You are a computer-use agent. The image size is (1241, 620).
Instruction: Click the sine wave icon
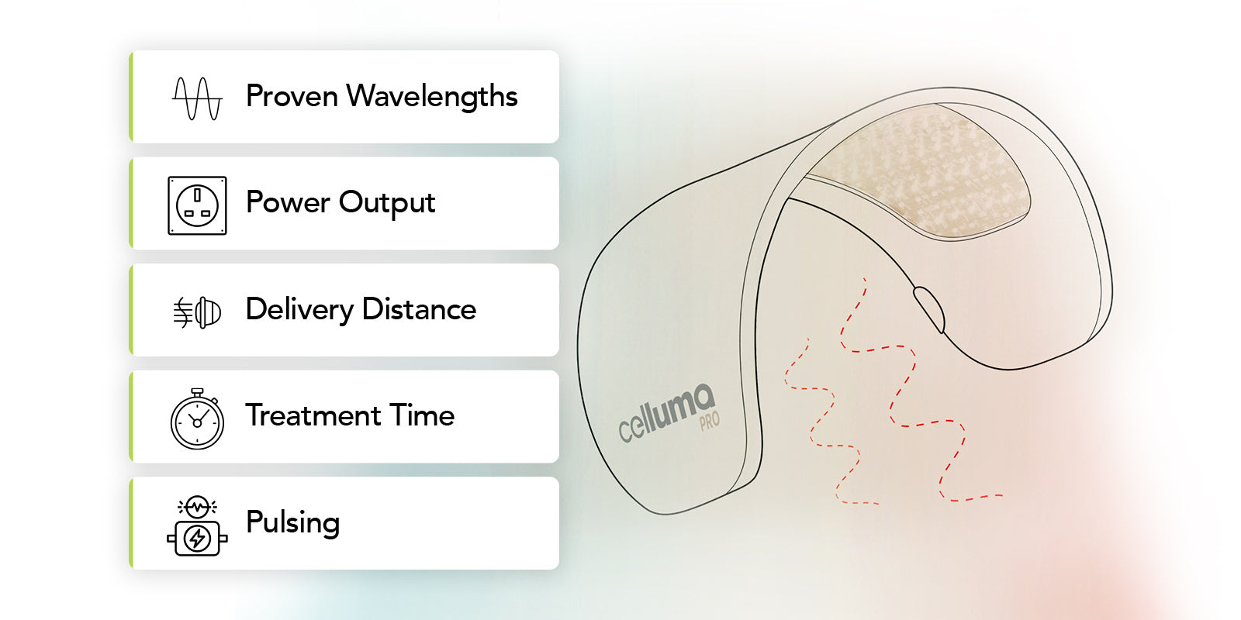click(x=197, y=98)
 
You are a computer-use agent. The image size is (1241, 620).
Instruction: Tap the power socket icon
click(x=197, y=205)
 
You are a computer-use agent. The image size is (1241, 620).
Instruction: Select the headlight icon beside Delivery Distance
click(x=197, y=312)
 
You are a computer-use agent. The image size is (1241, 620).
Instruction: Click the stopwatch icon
click(x=197, y=419)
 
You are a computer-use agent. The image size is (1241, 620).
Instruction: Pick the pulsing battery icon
click(x=197, y=526)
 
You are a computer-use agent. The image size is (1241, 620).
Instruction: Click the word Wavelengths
click(x=432, y=97)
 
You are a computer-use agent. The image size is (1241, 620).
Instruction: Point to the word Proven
click(x=292, y=97)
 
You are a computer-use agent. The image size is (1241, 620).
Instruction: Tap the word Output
click(x=387, y=203)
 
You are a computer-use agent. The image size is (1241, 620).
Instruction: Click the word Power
click(x=288, y=203)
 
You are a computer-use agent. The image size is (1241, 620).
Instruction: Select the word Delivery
click(x=299, y=310)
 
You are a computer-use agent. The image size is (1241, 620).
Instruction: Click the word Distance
click(x=419, y=310)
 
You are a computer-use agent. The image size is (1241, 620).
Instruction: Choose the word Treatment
click(x=313, y=416)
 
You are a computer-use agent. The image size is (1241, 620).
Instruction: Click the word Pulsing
click(x=292, y=523)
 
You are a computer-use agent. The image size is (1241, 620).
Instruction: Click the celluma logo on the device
click(x=666, y=412)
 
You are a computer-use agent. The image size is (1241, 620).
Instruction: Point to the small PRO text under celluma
click(x=710, y=421)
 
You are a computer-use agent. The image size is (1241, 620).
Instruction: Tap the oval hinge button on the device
click(x=928, y=308)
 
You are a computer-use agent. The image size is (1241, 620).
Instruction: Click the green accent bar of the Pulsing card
click(x=131, y=523)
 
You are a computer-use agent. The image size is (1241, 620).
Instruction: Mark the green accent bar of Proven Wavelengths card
click(x=131, y=97)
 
